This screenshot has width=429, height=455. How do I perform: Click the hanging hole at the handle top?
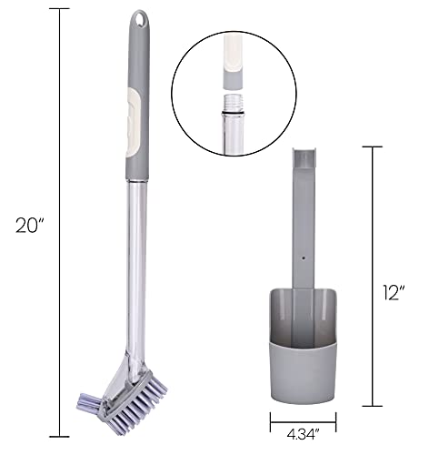(139, 18)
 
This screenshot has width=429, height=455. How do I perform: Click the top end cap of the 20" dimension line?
(60, 9)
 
